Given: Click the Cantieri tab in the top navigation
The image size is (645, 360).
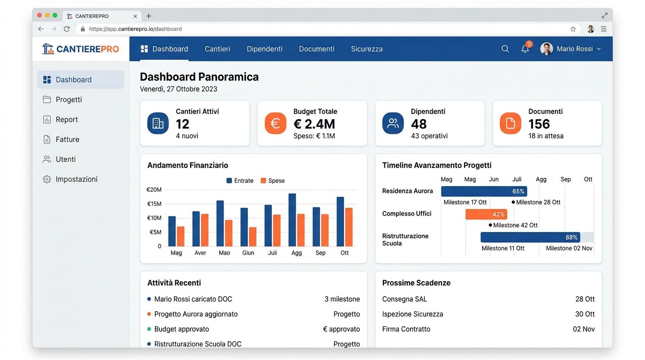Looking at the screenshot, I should (217, 49).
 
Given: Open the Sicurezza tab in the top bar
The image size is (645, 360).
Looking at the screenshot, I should (367, 49).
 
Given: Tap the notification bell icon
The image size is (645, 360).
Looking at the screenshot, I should (525, 49).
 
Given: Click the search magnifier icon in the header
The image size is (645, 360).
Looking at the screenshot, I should (505, 49).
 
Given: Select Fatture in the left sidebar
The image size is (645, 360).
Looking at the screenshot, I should (67, 139).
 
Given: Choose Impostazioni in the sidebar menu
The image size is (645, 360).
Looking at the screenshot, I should (76, 179).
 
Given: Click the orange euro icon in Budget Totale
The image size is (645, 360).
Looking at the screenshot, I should (275, 123).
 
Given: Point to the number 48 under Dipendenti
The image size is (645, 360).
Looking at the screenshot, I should (419, 124).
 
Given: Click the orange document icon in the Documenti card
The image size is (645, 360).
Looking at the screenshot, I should (510, 123).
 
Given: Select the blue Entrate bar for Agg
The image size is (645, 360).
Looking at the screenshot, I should (292, 220).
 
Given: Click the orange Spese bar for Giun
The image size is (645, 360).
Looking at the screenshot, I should (253, 237).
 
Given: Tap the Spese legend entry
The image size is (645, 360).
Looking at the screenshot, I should (272, 180).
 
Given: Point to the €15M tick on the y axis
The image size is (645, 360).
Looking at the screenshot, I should (154, 204).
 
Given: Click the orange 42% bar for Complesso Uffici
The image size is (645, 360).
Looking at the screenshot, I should (486, 214).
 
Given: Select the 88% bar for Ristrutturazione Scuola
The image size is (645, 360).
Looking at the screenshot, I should (530, 237).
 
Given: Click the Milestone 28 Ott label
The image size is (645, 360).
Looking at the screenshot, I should (538, 202).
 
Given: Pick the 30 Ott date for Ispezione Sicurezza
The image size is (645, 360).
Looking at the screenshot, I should (585, 314).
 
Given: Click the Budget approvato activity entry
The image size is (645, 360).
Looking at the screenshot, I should (181, 329).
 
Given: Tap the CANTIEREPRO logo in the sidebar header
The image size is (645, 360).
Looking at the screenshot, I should (81, 49).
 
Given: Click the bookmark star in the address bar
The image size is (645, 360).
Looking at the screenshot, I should (573, 29).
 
